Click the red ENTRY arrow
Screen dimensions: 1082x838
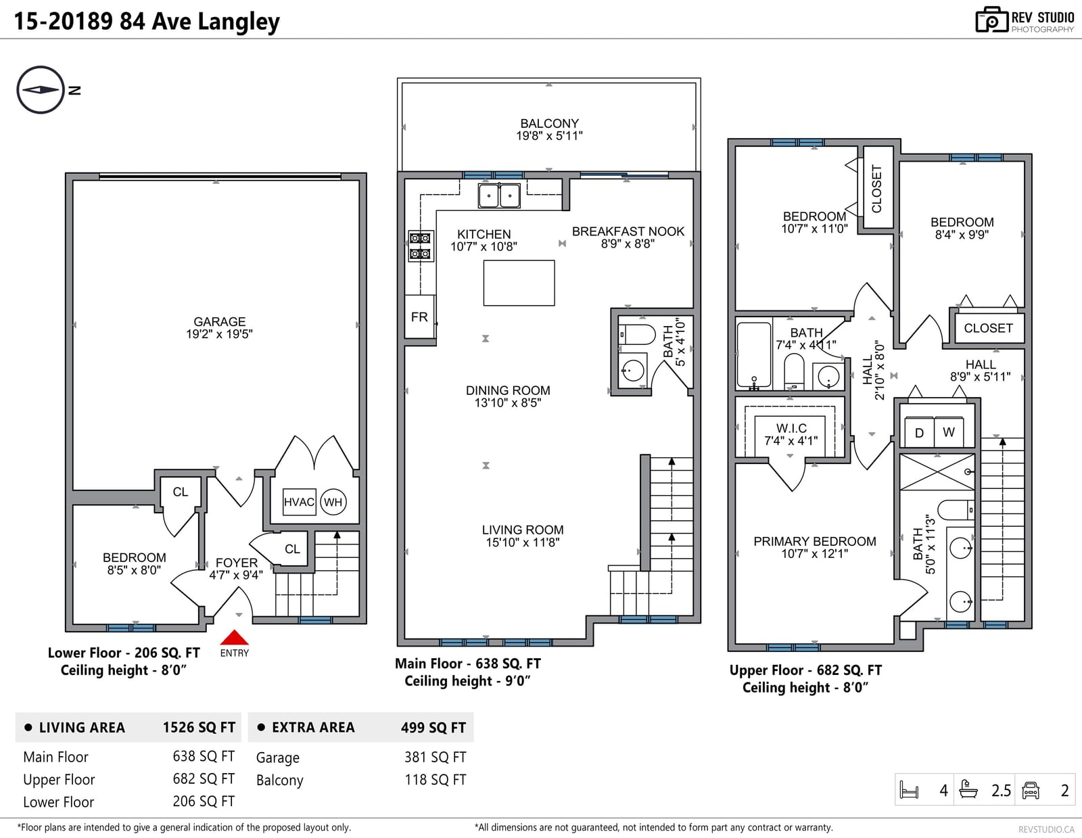(x=234, y=637)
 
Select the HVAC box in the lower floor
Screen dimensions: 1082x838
(x=300, y=502)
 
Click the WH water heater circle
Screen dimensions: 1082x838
(x=333, y=502)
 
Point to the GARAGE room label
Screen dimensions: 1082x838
(x=220, y=322)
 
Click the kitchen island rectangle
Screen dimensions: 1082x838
(x=519, y=283)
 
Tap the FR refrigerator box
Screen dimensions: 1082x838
(x=419, y=317)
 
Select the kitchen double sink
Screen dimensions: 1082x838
(x=499, y=195)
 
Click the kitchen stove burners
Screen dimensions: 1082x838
(x=420, y=246)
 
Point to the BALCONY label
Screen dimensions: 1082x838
(x=549, y=123)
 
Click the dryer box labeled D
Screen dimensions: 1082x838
(x=919, y=432)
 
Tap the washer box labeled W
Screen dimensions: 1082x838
(x=949, y=432)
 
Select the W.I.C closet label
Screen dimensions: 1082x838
(x=791, y=428)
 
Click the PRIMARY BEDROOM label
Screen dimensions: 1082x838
(x=815, y=541)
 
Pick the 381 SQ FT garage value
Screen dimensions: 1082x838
(x=436, y=758)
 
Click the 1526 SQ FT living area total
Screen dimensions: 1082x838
(x=199, y=728)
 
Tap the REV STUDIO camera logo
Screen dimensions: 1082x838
(x=991, y=20)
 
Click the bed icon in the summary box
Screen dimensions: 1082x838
(x=910, y=790)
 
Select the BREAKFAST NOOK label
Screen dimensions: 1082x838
(x=628, y=231)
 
